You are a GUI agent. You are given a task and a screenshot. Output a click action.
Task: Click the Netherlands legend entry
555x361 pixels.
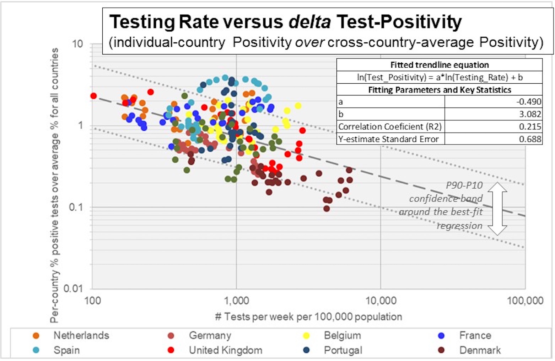(81, 335)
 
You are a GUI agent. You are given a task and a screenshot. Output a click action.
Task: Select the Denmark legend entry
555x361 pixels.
(480, 350)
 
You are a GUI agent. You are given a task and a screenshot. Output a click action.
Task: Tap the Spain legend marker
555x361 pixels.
(36, 350)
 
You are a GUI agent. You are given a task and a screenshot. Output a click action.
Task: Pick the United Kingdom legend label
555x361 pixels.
(225, 350)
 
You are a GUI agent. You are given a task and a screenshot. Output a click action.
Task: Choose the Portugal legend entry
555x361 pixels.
(343, 350)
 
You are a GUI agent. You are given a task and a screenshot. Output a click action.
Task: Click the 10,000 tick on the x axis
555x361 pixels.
(381, 301)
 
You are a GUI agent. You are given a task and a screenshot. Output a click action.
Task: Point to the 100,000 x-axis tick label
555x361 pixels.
(525, 301)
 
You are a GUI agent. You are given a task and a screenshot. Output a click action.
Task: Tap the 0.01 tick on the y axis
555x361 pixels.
(73, 288)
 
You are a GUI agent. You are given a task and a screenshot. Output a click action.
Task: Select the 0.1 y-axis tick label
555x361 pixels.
(75, 207)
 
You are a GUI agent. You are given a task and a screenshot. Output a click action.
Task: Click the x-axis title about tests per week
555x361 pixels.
(308, 316)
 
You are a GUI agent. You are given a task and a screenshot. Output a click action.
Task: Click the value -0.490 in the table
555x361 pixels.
(529, 102)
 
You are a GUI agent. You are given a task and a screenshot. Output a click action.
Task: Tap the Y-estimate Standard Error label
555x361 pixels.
(388, 139)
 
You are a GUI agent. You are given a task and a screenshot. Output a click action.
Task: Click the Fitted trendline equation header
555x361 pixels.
(440, 65)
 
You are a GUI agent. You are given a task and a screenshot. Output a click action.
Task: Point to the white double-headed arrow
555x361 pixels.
(497, 209)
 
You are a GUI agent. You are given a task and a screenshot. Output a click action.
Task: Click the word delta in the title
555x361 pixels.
(309, 22)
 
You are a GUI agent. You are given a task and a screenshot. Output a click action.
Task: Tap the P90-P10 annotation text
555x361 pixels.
(464, 185)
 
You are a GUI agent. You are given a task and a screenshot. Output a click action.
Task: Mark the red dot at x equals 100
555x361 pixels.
(93, 96)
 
